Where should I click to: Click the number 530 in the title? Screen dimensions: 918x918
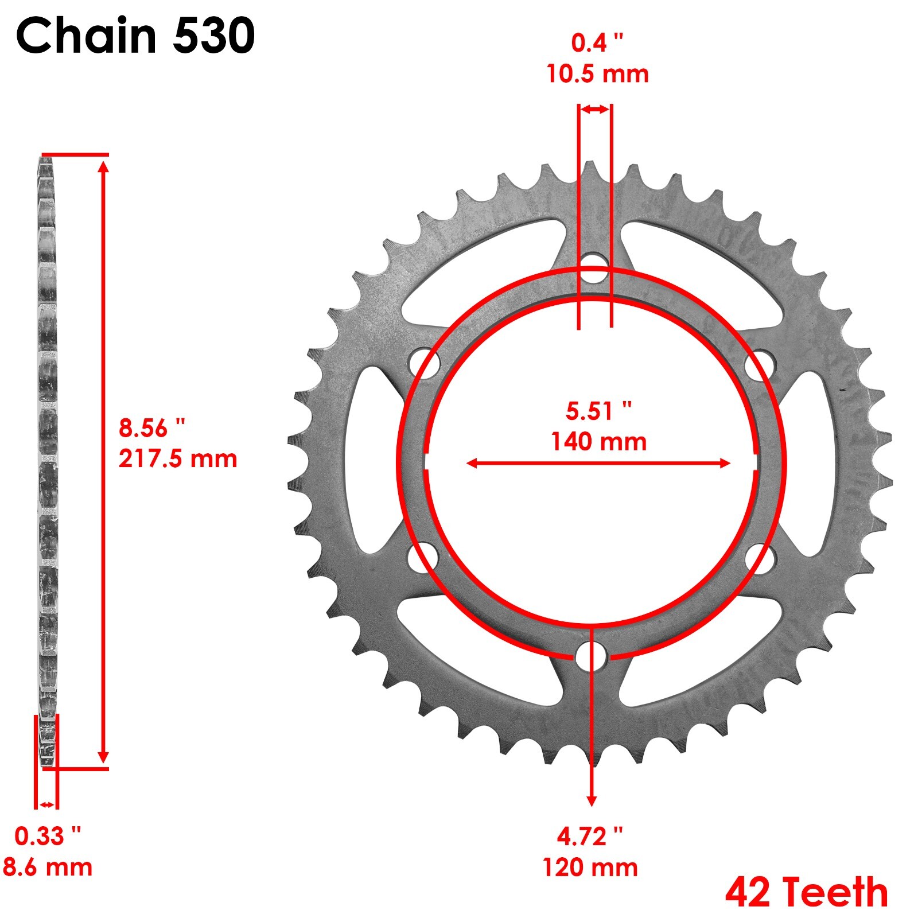(213, 36)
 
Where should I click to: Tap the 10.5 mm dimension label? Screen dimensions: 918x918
(597, 74)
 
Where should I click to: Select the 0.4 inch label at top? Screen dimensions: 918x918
(597, 43)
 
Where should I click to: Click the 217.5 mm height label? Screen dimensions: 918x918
(178, 459)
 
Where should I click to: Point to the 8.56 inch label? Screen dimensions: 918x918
(152, 428)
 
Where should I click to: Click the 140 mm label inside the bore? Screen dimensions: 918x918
(598, 442)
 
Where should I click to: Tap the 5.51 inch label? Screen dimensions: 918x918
(598, 411)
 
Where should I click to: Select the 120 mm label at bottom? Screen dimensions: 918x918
(590, 867)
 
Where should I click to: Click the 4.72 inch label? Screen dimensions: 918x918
(589, 837)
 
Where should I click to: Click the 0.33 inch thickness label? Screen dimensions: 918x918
(48, 836)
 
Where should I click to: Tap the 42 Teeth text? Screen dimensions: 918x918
(806, 892)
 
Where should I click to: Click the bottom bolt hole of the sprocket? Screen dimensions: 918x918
(592, 656)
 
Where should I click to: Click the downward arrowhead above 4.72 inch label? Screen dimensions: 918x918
(592, 801)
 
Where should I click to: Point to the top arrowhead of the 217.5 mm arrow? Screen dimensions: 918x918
(103, 167)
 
